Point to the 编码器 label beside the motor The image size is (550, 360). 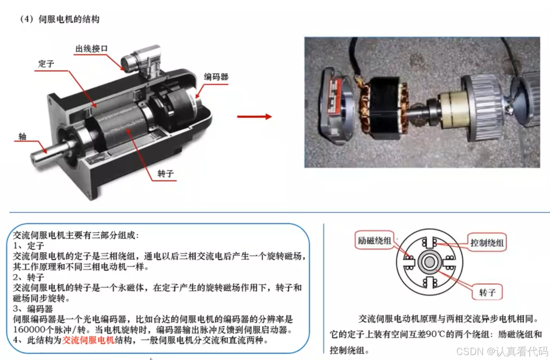click(x=216, y=76)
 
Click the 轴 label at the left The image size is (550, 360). click(x=22, y=136)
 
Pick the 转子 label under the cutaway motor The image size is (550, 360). click(x=165, y=173)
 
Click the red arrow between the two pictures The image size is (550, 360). click(x=254, y=116)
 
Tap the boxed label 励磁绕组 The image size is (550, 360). click(x=374, y=240)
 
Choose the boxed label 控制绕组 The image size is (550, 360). click(x=487, y=243)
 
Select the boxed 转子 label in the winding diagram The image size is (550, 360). click(x=487, y=292)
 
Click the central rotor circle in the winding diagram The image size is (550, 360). click(x=429, y=262)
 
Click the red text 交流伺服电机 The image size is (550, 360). click(x=88, y=340)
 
